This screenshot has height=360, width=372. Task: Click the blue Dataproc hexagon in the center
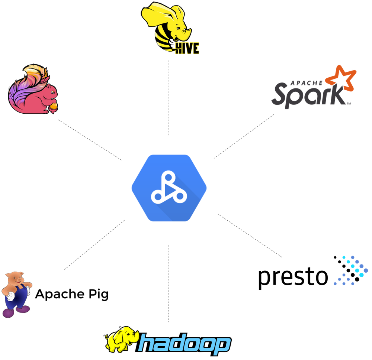[169, 188]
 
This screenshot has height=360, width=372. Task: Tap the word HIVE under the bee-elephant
[187, 49]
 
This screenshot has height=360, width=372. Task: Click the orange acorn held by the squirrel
[54, 107]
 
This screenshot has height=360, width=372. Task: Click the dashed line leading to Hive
[168, 97]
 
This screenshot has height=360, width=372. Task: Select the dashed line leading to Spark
[244, 136]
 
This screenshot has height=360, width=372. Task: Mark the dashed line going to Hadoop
[168, 282]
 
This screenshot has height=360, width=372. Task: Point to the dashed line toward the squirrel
[89, 140]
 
